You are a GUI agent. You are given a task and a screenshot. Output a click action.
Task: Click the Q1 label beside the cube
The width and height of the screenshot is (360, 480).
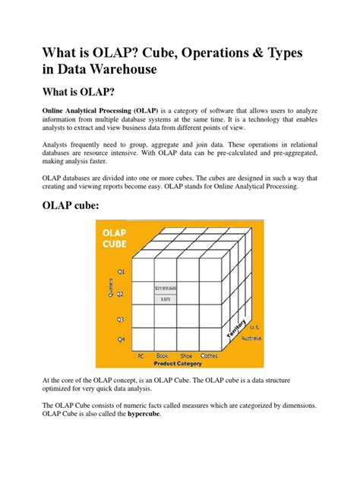click(x=120, y=270)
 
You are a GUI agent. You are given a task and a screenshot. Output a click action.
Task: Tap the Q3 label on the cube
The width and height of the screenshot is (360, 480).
click(x=120, y=319)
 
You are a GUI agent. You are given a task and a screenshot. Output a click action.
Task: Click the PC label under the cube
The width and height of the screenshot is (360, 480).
click(x=141, y=355)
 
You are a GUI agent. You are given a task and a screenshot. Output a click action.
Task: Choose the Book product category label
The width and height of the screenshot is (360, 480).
click(x=162, y=355)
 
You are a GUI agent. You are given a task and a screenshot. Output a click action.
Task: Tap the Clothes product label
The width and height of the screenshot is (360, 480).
click(x=210, y=355)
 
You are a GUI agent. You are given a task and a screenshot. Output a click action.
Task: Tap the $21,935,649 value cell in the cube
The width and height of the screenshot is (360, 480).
click(x=166, y=289)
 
